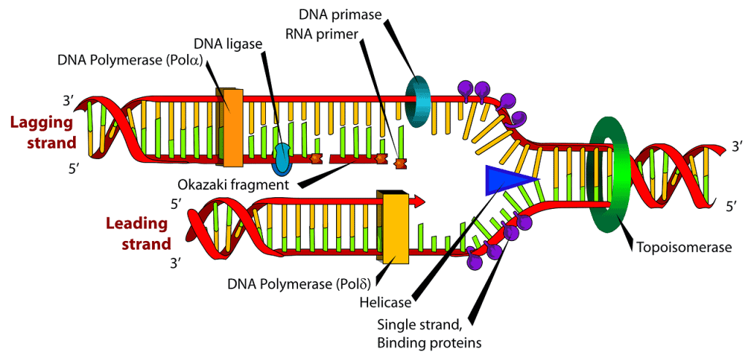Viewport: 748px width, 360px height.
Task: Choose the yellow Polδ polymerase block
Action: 392,226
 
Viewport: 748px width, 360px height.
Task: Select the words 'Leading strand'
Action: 139,233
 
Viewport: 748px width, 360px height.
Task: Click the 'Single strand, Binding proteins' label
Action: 430,332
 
